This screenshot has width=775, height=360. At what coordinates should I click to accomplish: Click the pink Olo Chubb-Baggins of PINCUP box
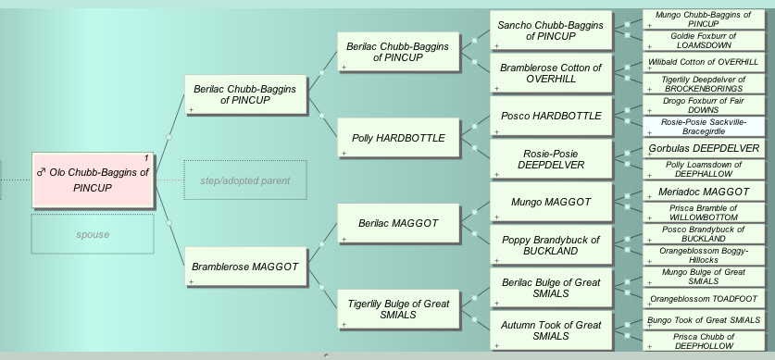tap(93, 180)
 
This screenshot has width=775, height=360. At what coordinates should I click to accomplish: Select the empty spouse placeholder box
tap(93, 234)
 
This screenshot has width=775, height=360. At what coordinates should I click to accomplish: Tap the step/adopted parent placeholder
tap(244, 180)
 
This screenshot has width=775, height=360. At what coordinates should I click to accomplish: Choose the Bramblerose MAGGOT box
tap(244, 267)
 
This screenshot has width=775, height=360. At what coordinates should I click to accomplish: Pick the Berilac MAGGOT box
tap(398, 223)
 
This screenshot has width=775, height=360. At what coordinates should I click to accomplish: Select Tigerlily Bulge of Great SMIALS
tap(398, 309)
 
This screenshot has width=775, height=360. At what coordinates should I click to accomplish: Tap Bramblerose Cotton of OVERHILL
tap(550, 73)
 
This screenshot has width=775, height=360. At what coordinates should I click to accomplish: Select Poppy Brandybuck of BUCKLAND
tap(550, 244)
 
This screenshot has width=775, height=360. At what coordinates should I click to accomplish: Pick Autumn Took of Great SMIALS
tap(550, 329)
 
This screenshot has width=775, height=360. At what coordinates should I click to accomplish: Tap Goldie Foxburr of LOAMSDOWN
tap(704, 40)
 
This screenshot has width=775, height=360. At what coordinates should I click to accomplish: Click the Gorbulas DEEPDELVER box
tap(704, 148)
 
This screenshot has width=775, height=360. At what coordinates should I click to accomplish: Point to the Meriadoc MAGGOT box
tap(704, 192)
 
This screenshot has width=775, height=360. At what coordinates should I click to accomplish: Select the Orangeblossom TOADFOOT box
tap(704, 299)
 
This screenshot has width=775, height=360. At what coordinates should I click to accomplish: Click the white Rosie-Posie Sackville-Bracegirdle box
tap(704, 127)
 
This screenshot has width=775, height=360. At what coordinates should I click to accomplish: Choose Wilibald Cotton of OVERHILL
tap(704, 62)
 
